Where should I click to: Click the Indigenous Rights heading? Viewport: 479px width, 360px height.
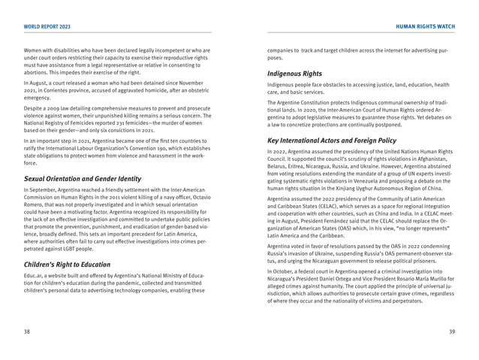click(x=294, y=74)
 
